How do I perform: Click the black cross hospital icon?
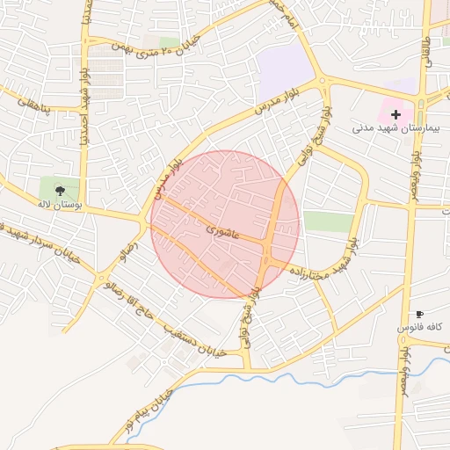pos(396,114)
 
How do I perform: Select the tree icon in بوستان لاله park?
pos(60,189)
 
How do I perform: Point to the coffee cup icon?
pos(419,314)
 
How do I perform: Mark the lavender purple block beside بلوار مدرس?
pos(286,67)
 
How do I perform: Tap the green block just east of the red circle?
pos(327,221)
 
